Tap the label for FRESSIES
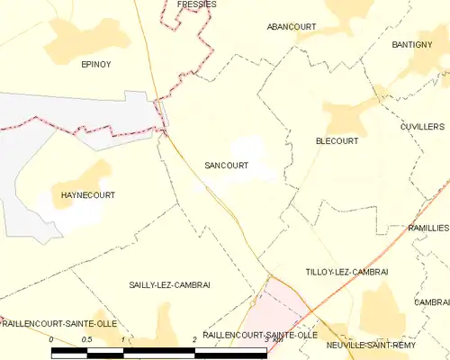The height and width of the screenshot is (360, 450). click(x=197, y=4)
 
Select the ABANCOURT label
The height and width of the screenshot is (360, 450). click(x=291, y=27)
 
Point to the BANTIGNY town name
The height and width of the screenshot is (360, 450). click(x=413, y=44)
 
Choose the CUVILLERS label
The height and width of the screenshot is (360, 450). click(x=421, y=127)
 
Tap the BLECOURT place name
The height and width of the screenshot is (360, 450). click(x=337, y=141)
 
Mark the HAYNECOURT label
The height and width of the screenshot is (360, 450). click(x=87, y=194)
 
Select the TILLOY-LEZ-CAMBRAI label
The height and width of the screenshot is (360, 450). click(x=346, y=272)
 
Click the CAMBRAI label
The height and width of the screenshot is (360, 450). click(x=432, y=302)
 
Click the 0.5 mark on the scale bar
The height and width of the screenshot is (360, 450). click(x=86, y=339)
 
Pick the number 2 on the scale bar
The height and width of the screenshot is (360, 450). click(x=194, y=339)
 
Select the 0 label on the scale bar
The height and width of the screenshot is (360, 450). click(x=51, y=339)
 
